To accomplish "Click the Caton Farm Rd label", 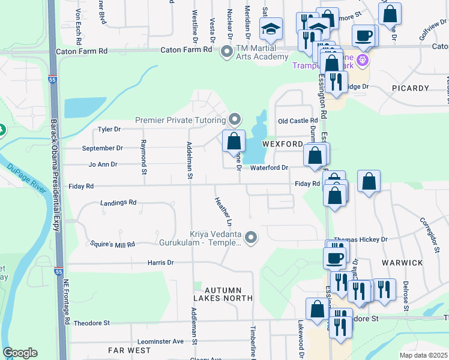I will tap(82, 52).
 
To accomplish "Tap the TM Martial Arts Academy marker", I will tap(227, 52).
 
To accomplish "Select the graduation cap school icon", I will tap(271, 28).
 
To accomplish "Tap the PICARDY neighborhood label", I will tap(411, 88).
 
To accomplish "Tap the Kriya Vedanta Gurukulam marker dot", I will tap(252, 238).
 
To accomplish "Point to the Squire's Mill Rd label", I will tap(112, 244).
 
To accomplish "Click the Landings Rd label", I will tap(118, 203).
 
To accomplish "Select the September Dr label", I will tap(103, 148).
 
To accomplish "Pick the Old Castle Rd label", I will tap(298, 121).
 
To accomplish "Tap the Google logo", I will tap(20, 353).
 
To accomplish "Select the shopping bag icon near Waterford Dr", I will tap(315, 155).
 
